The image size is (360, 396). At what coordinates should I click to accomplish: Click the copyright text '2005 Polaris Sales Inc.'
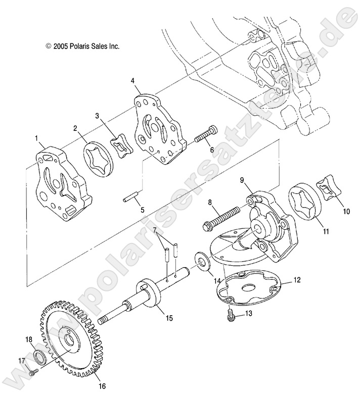pyautogui.click(x=82, y=45)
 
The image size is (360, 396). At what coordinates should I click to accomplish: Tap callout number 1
pyautogui.click(x=36, y=138)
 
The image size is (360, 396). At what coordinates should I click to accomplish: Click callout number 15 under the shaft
pyautogui.click(x=169, y=318)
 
